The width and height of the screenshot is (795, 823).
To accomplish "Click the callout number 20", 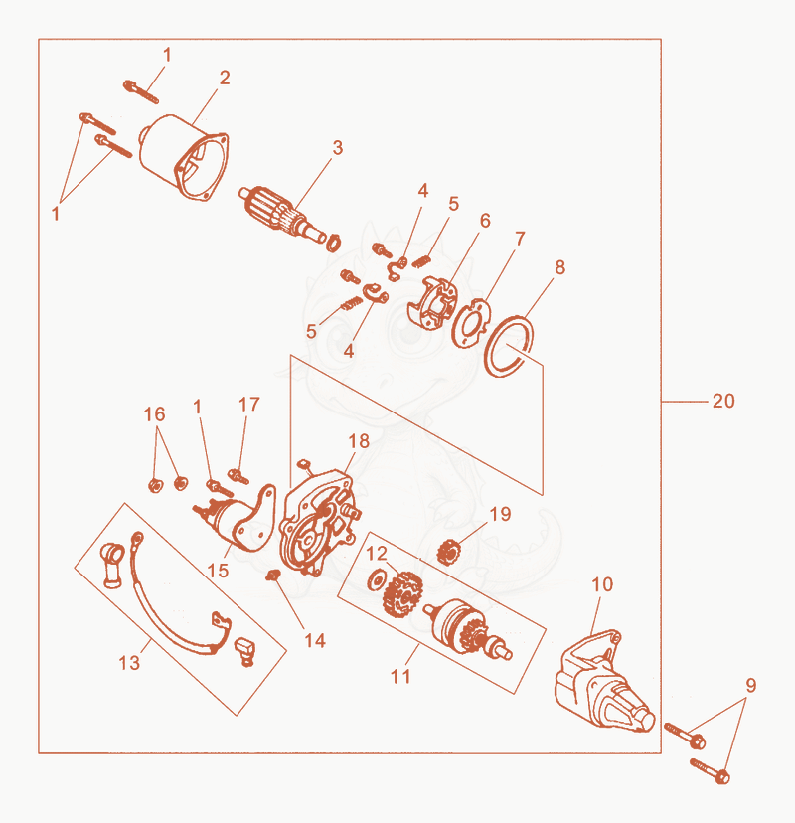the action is tap(723, 401).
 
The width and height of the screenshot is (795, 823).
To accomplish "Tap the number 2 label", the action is tap(225, 78).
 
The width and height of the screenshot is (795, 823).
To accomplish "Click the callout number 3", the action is tap(338, 148).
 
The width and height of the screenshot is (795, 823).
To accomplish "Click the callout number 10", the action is tap(602, 584).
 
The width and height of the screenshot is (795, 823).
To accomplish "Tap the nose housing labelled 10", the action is tap(603, 682).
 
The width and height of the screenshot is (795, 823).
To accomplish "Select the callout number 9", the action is tap(751, 685).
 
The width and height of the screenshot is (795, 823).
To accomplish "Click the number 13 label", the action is tap(129, 663).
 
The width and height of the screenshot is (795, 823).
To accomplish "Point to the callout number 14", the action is tap(315, 640).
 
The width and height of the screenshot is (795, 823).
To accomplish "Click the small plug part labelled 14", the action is tap(272, 576).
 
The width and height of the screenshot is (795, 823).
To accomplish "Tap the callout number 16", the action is tap(154, 414).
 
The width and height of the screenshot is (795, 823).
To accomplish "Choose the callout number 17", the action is tap(248, 405).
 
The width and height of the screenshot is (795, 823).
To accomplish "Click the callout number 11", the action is tap(400, 676).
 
